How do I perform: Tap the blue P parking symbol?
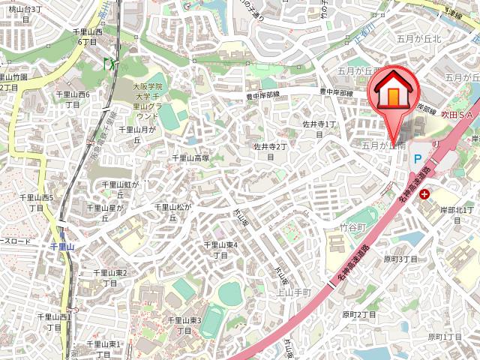pos(417,157)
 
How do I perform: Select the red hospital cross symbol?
pos(425,193)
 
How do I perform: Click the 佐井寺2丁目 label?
pos(271,151)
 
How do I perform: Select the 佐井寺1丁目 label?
pos(318,128)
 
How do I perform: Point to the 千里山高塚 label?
pos(190,158)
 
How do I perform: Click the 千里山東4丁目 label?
pos(221,250)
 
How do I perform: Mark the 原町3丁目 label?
pos(400,259)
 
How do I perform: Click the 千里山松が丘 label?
pos(173,211)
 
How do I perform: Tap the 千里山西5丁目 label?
pos(37,202)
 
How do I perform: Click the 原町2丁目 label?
pos(358,315)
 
